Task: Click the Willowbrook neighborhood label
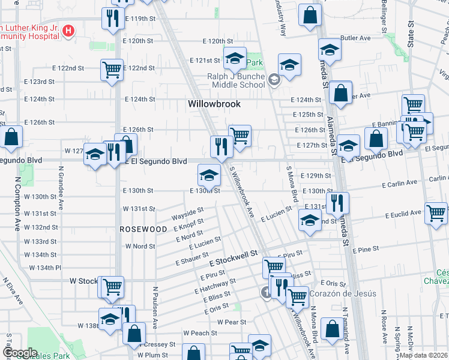coord(214,104)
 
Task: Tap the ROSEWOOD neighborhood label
coord(143,229)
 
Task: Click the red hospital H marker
coord(68,31)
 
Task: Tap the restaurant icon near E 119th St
coord(111,18)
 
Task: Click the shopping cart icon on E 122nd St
coord(112,70)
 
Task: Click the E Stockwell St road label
coord(234,259)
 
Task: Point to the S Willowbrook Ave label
coord(243,192)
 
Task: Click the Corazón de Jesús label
coord(343,293)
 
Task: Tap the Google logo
coord(20,353)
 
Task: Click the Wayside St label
coord(188,212)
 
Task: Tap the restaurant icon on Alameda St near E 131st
coord(337,202)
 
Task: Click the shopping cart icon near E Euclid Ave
coord(436,212)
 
